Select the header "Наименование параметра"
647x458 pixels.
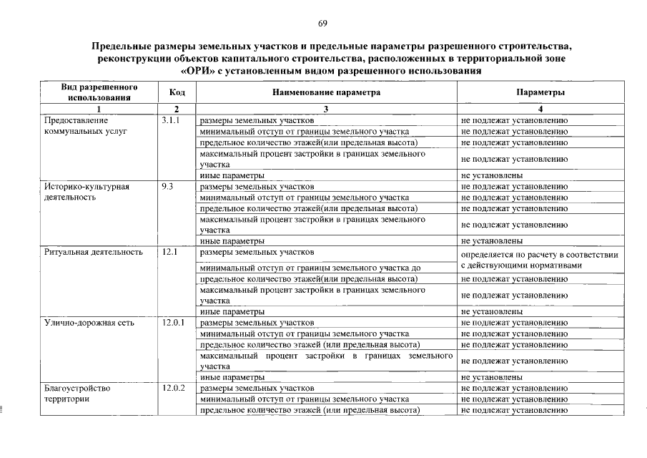click(326, 93)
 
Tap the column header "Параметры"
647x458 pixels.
click(540, 93)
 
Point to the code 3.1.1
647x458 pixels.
click(172, 120)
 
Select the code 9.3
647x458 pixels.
click(168, 187)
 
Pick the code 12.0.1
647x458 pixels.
click(174, 323)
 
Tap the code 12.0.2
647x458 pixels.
click(174, 388)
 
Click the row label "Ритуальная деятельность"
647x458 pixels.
click(93, 252)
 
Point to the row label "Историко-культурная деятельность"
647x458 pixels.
click(87, 192)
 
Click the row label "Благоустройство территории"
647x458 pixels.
click(77, 394)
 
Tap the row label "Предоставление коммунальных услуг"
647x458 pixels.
click(84, 126)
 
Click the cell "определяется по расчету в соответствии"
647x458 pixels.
click(540, 255)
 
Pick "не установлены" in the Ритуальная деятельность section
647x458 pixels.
click(491, 312)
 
